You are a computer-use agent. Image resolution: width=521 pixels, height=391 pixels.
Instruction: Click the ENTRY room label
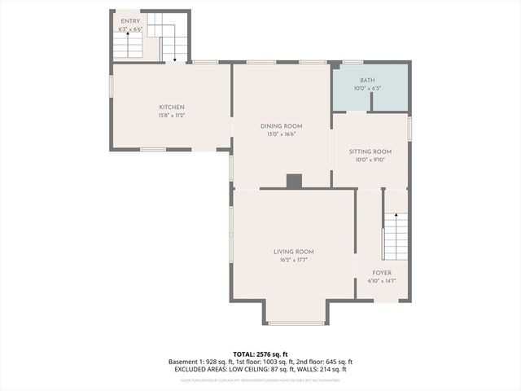pyautogui.click(x=129, y=20)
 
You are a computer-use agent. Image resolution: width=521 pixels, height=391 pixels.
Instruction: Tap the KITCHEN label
pyautogui.click(x=172, y=108)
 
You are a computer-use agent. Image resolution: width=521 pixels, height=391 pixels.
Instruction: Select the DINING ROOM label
pyautogui.click(x=282, y=125)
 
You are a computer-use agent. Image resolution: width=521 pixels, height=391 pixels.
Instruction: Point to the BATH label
pyautogui.click(x=368, y=80)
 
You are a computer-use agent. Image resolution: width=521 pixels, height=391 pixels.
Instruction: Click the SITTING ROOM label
pyautogui.click(x=370, y=152)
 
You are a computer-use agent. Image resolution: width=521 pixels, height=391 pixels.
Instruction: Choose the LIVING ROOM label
pyautogui.click(x=294, y=252)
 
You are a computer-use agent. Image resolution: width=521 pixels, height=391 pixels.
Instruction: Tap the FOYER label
pyautogui.click(x=382, y=273)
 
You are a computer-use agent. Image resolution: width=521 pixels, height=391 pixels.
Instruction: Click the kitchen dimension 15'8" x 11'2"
pyautogui.click(x=172, y=116)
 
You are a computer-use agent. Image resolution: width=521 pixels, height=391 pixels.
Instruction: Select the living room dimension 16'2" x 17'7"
pyautogui.click(x=294, y=260)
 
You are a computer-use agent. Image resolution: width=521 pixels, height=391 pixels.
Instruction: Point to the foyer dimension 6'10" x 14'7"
pyautogui.click(x=382, y=281)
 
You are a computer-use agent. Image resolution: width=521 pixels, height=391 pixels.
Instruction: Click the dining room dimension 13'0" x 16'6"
pyautogui.click(x=282, y=134)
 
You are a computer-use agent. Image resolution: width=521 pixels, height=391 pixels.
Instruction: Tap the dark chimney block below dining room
pyautogui.click(x=294, y=181)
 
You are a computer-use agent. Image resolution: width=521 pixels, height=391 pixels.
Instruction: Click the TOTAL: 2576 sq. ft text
pyautogui.click(x=260, y=354)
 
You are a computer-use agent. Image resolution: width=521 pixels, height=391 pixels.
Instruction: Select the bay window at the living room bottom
pyautogui.click(x=296, y=323)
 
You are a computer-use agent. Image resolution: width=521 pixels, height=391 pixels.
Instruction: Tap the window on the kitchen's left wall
pyautogui.click(x=112, y=86)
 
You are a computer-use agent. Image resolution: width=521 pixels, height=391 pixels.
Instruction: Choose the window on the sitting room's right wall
pyautogui.click(x=409, y=129)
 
